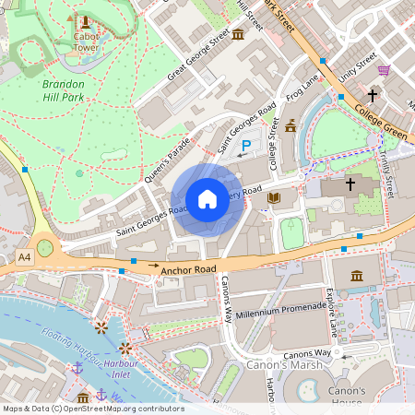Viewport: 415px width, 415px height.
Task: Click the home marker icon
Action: (x=207, y=199)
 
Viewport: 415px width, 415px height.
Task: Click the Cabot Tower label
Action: (x=86, y=41)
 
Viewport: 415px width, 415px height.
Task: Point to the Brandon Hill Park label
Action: (x=64, y=89)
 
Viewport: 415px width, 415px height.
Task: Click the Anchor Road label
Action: (x=188, y=269)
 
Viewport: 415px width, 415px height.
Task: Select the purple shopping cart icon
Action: (x=384, y=70)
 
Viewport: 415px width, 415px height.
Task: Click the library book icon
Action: (x=273, y=197)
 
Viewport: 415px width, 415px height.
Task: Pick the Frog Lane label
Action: (x=302, y=91)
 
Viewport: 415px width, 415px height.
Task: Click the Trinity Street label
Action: (x=388, y=174)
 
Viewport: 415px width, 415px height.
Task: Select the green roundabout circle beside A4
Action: (x=44, y=247)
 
